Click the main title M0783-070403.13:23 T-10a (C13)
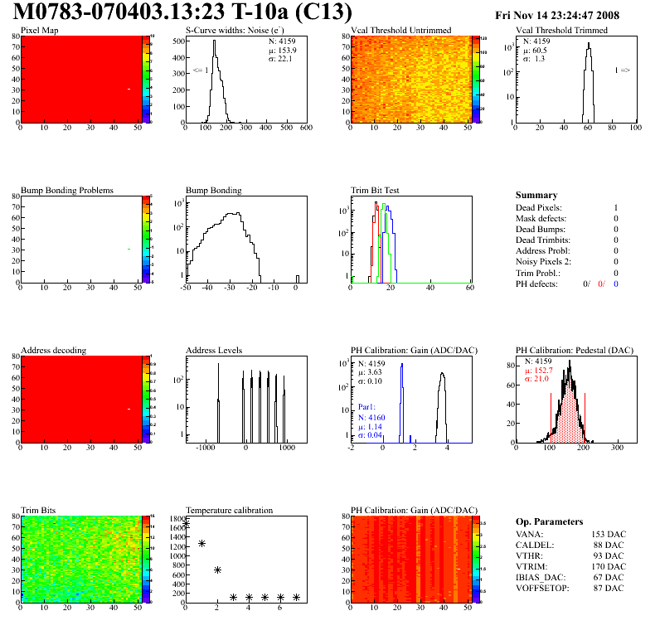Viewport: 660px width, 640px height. [x=182, y=13]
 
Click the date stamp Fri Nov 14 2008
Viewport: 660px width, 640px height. [x=567, y=16]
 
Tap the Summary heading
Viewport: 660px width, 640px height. [x=536, y=196]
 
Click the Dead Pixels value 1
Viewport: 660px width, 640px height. [x=615, y=207]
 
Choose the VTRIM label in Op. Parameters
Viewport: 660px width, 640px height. [x=531, y=566]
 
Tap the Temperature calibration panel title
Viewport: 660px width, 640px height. [x=229, y=510]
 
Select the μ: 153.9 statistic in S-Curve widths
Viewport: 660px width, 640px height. [x=282, y=50]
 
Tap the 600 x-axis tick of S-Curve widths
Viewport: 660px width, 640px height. [x=306, y=128]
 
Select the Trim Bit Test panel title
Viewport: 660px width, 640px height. [x=375, y=190]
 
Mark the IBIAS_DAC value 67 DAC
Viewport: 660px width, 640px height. [x=609, y=577]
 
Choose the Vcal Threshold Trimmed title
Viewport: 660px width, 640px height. [x=561, y=31]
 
